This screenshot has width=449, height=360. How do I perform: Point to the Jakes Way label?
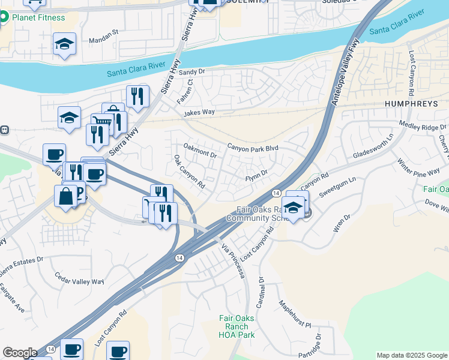199,112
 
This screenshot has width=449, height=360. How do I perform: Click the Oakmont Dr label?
200,150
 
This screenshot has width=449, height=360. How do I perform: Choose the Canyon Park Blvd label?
252,147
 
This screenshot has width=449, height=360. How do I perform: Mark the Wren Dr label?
341,224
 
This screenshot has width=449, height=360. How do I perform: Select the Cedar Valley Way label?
79,279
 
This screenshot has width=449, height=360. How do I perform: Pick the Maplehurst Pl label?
295,314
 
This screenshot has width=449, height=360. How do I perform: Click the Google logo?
19,353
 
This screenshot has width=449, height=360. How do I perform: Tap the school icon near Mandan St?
64,44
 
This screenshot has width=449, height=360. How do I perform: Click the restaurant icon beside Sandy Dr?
138,95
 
